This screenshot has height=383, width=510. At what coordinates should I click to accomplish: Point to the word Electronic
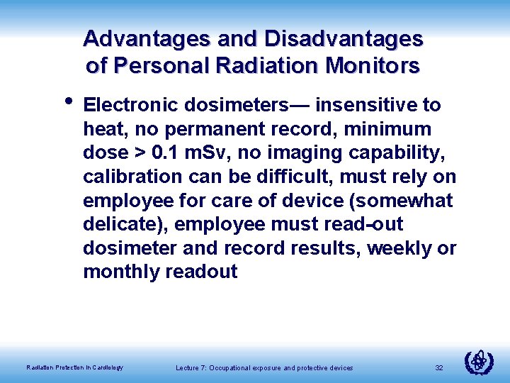click(131, 106)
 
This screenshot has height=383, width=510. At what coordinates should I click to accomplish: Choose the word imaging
click(310, 152)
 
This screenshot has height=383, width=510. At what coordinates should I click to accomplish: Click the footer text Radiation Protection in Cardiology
click(74, 367)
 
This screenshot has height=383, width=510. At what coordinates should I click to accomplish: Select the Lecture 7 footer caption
click(264, 367)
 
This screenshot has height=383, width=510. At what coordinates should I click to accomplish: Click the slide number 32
click(438, 367)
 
